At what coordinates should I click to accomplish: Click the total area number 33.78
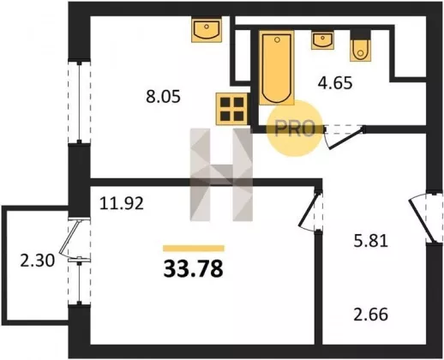coord(193,269)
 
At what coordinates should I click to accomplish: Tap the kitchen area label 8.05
coord(163,97)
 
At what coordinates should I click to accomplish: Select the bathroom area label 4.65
coord(335,83)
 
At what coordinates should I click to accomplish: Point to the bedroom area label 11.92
coord(122,204)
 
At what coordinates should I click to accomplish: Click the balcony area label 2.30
coord(37,261)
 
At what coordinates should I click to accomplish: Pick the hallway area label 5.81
coord(371,241)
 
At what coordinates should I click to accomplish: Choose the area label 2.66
coord(371,315)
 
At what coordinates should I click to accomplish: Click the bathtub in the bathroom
coord(277,68)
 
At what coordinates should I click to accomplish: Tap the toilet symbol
coord(361,45)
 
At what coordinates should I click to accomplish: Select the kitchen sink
coord(207,30)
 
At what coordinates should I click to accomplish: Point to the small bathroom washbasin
coord(322,40)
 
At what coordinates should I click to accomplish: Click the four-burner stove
coord(231,109)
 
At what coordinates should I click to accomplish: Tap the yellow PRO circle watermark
coord(295,129)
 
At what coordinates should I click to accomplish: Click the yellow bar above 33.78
coord(194,249)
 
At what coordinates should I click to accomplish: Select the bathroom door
coord(345,137)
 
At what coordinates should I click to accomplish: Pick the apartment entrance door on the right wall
coord(425,218)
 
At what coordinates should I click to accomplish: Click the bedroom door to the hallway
coord(310,211)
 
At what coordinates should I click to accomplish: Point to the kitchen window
coord(79,102)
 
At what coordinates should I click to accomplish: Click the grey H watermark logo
coord(221,175)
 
